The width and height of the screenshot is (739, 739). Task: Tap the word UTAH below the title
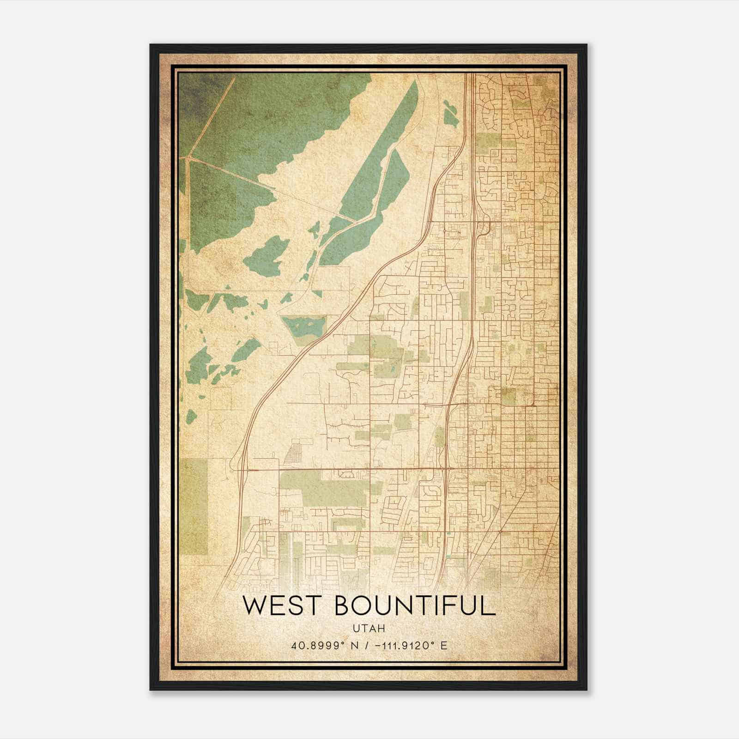(x=369, y=628)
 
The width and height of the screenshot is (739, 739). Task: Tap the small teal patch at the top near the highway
(x=450, y=113)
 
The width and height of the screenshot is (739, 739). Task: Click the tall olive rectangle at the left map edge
(x=194, y=506)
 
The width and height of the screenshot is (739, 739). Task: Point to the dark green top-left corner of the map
(x=194, y=92)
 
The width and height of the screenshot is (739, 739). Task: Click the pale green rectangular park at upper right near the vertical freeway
(x=487, y=141)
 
